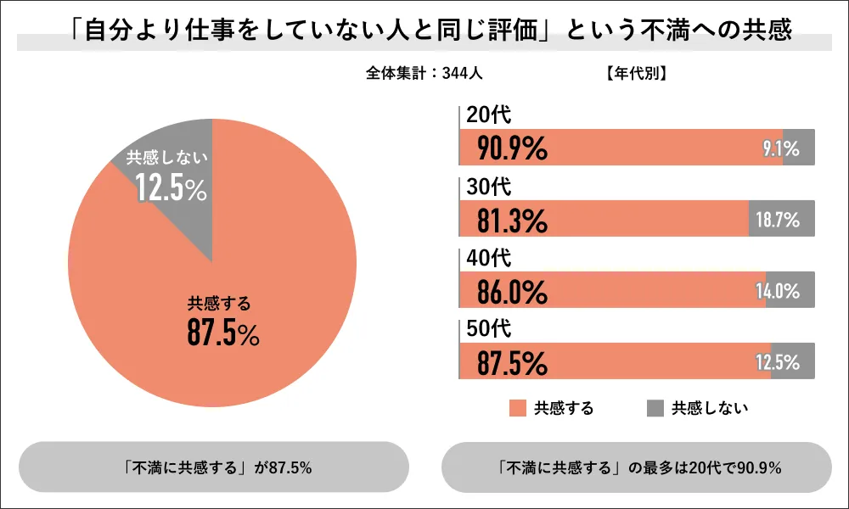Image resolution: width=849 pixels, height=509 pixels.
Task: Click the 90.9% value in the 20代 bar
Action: [x=512, y=148]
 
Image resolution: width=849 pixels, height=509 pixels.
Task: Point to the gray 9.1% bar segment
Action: [x=799, y=148]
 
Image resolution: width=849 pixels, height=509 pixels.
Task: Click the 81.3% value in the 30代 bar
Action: [x=512, y=221]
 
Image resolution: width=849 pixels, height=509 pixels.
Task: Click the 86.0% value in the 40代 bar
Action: [x=512, y=292]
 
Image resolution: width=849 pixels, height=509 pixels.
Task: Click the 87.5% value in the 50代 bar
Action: [x=512, y=363]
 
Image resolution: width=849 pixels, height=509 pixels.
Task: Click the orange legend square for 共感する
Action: [x=517, y=408]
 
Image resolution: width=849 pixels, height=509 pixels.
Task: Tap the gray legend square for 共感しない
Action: [x=655, y=408]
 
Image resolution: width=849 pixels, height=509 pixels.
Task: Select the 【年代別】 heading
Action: [x=637, y=74]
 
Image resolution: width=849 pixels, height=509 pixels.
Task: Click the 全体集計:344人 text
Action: [x=425, y=74]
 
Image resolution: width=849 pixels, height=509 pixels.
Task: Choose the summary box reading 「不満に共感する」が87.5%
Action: [x=213, y=467]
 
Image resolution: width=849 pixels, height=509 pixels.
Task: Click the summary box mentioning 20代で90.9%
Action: [x=637, y=467]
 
